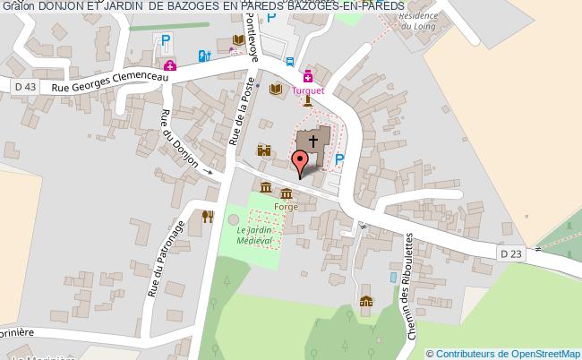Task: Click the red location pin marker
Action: click(302, 162)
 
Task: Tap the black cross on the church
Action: click(313, 141)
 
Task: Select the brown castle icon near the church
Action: click(264, 150)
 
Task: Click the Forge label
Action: click(287, 207)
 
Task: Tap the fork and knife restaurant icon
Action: click(208, 216)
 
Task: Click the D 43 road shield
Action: click(26, 86)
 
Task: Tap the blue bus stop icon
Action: click(289, 62)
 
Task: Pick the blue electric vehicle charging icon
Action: click(205, 56)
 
